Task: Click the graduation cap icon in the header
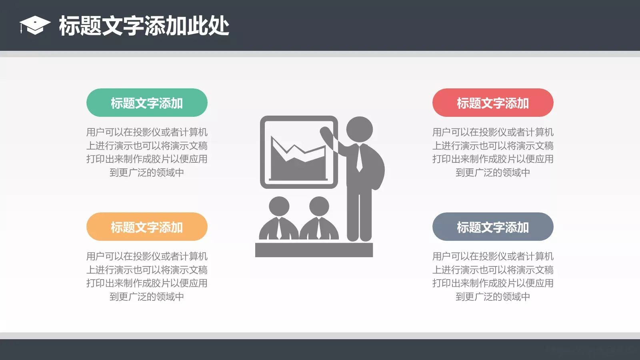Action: pos(35,25)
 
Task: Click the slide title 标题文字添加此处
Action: pos(144,26)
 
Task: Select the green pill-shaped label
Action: pos(147,103)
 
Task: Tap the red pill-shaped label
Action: pos(493,103)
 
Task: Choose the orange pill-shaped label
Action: pos(147,227)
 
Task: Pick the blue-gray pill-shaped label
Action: pos(493,227)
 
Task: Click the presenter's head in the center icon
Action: pos(359,129)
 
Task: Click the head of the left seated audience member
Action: pos(279,206)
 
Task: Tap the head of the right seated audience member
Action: pos(319,206)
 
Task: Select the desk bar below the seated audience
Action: pos(314,250)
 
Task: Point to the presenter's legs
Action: pos(359,216)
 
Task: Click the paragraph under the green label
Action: pos(147,152)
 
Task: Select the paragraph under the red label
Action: pos(493,152)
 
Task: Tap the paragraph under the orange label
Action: pos(147,276)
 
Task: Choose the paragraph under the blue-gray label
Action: pos(493,276)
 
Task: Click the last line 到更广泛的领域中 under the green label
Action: pos(147,173)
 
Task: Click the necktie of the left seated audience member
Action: pos(279,228)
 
